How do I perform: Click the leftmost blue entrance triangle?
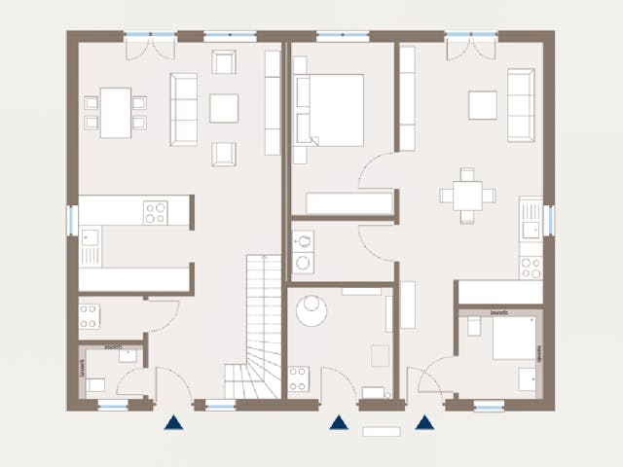coord(173,422)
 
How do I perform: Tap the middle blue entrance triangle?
coord(338,422)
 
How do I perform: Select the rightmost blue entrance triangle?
coord(424,422)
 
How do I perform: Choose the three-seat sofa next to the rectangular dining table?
coord(183,109)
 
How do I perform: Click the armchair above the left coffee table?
coord(224,64)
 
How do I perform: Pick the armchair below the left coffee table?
coord(224,153)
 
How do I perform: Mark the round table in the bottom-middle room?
coord(311,310)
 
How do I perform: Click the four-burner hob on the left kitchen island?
coord(155,212)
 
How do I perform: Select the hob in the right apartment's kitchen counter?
coord(531,264)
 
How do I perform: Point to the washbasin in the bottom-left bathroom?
coord(128,356)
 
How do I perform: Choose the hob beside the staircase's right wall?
coord(298,378)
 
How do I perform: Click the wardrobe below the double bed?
coord(348,203)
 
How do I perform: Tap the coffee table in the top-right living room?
coord(483,105)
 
